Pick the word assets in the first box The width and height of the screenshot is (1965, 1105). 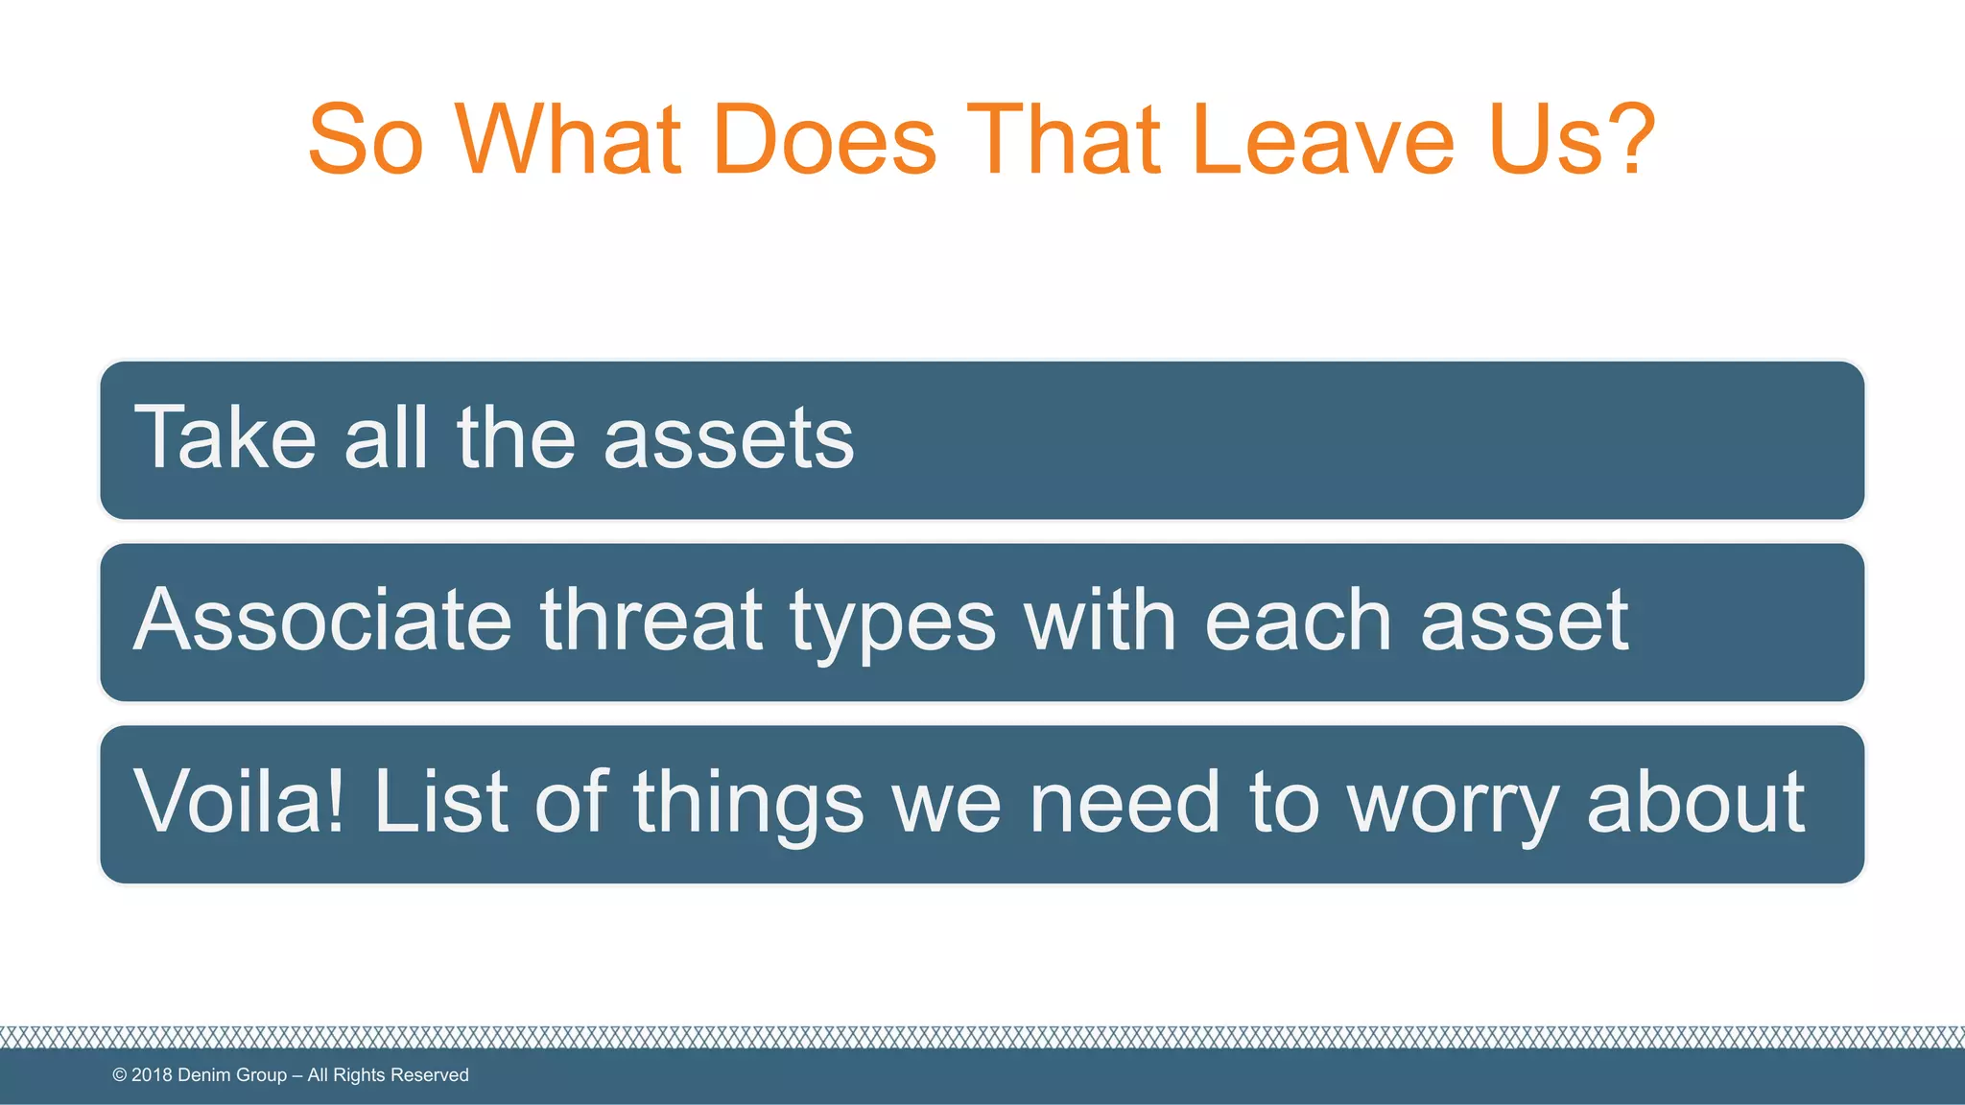728,439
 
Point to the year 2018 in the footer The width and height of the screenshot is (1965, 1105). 152,1075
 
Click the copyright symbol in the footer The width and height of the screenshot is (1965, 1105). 120,1075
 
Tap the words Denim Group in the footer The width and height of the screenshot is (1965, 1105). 232,1075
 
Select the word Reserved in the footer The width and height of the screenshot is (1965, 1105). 430,1075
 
